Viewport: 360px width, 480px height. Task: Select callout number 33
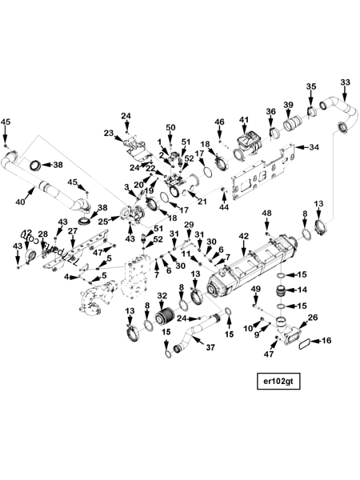pyautogui.click(x=345, y=82)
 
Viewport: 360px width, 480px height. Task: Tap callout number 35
pyautogui.click(x=311, y=87)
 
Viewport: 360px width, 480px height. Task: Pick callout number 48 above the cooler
pyautogui.click(x=266, y=214)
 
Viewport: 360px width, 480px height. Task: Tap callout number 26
pyautogui.click(x=312, y=318)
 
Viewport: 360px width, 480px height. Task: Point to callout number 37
pyautogui.click(x=210, y=347)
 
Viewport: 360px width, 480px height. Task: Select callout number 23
pyautogui.click(x=109, y=134)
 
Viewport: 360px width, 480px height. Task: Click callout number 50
pyautogui.click(x=170, y=128)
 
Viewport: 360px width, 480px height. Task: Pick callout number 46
pyautogui.click(x=219, y=122)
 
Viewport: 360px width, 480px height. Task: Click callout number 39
pyautogui.click(x=288, y=106)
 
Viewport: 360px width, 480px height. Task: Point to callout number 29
pyautogui.click(x=189, y=225)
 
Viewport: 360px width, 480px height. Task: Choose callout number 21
pyautogui.click(x=202, y=201)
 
